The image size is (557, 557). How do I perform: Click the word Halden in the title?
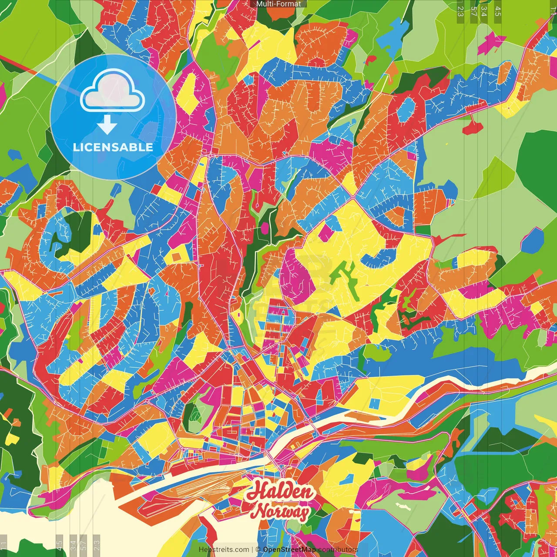click(279, 492)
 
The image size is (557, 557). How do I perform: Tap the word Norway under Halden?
click(282, 512)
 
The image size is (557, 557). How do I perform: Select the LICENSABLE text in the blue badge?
click(113, 147)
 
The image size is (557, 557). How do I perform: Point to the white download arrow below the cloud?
click(107, 124)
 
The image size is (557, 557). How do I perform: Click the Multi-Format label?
click(278, 4)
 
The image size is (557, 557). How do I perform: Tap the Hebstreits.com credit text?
click(224, 550)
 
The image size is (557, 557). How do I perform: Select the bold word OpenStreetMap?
click(289, 550)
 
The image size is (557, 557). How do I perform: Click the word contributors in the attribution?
click(338, 550)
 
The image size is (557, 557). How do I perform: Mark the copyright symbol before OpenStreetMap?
click(258, 550)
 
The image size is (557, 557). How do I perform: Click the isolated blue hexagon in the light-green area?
click(532, 241)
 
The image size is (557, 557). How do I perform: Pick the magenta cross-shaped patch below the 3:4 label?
click(491, 44)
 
